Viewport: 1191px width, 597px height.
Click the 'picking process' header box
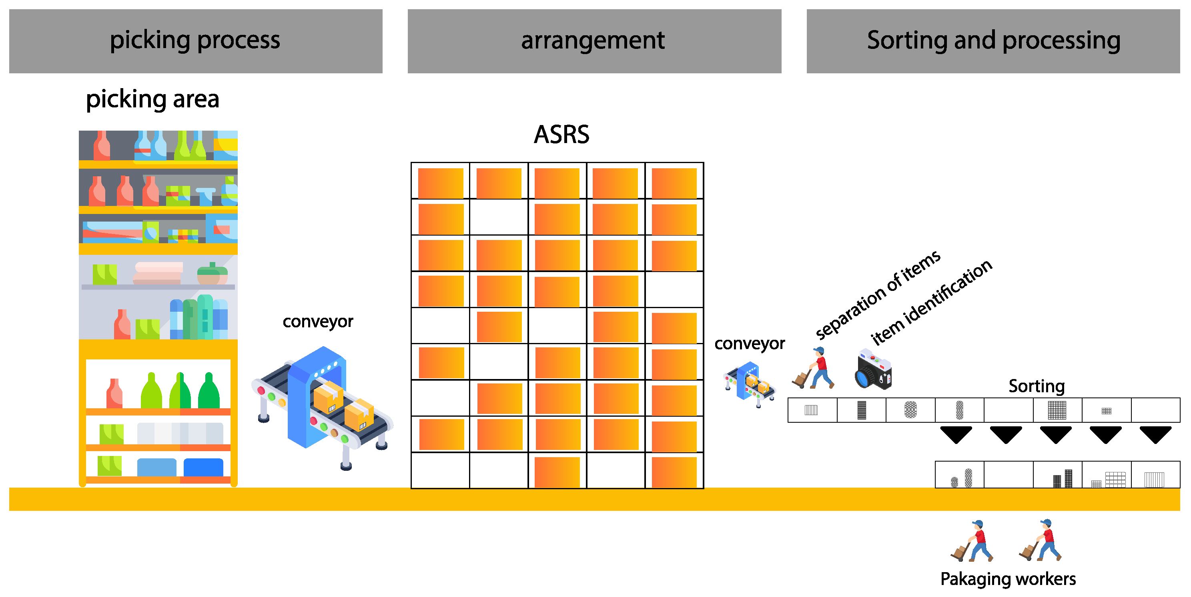click(x=196, y=41)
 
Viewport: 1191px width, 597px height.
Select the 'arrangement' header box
click(x=594, y=41)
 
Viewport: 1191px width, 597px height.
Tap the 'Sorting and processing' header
click(x=993, y=41)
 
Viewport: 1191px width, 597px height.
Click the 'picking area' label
click(x=152, y=99)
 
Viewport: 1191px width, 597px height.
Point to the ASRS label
click(x=561, y=135)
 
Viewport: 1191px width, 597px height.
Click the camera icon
click(x=873, y=370)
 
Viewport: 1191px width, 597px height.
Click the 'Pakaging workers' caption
click(x=1008, y=579)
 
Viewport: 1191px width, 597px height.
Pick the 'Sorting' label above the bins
click(x=1037, y=386)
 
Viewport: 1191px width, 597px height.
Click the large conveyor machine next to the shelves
click(x=322, y=407)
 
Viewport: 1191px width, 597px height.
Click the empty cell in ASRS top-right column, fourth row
click(x=674, y=290)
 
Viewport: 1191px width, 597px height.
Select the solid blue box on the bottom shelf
click(x=203, y=468)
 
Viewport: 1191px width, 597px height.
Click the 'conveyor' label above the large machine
click(x=318, y=322)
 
